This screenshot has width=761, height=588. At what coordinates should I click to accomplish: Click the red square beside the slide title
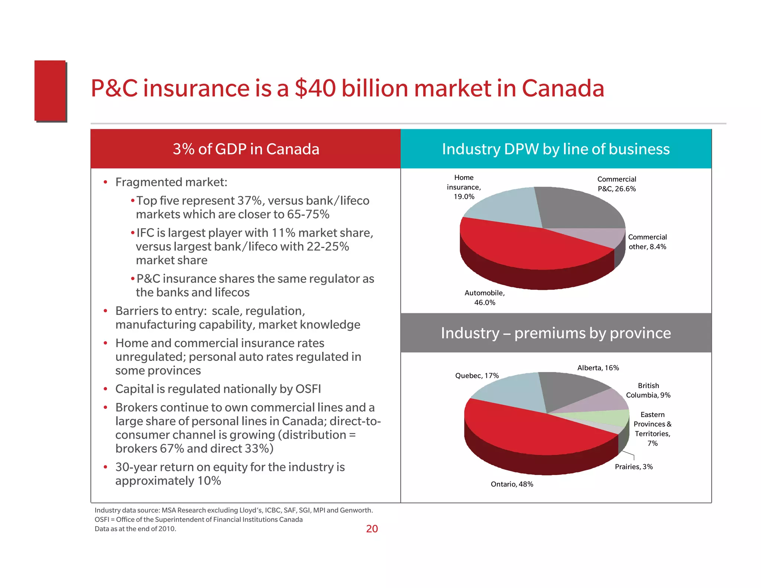(50, 91)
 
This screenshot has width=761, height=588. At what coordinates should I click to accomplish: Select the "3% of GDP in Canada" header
(246, 149)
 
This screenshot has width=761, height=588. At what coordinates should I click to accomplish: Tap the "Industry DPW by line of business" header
(556, 149)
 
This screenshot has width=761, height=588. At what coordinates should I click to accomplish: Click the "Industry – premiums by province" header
(556, 333)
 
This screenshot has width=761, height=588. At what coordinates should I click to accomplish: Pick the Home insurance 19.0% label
(464, 187)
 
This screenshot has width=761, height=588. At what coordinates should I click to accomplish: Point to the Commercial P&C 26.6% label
(616, 184)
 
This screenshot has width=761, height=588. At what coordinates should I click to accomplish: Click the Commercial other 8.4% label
(647, 242)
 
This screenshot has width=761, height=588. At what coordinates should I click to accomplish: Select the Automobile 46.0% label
(485, 298)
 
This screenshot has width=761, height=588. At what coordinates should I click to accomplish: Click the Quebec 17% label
(477, 376)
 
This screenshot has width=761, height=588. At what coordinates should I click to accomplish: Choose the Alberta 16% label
(598, 368)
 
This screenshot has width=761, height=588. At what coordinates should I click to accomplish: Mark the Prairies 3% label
(634, 467)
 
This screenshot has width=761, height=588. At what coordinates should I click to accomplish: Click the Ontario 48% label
(512, 484)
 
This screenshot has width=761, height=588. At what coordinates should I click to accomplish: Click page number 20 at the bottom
(372, 529)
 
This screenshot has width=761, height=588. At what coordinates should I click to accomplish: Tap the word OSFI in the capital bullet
(308, 389)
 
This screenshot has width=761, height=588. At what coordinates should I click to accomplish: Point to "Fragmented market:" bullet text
(171, 182)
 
